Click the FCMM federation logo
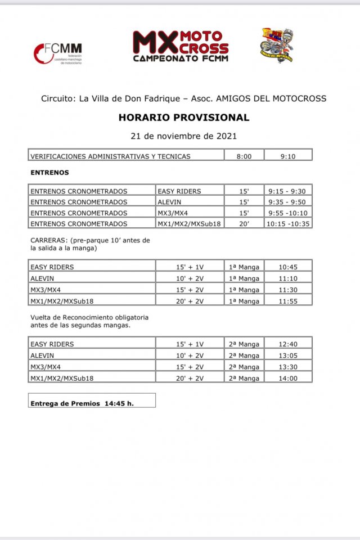[x=58, y=53]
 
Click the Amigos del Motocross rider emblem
[x=277, y=45]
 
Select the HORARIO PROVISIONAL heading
[x=183, y=118]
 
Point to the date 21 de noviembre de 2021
[x=183, y=136]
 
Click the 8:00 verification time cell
[x=244, y=156]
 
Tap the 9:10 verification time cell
[x=287, y=156]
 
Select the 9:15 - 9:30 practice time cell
[x=287, y=191]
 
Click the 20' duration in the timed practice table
[x=244, y=223]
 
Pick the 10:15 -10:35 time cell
[x=287, y=223]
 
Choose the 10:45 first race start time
[x=287, y=267]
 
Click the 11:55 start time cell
[x=287, y=300]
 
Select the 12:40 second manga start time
[x=287, y=344]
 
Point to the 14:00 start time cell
[x=287, y=378]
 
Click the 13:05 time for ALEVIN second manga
[x=287, y=355]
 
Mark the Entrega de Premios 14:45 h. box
[x=92, y=403]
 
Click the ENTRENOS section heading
[x=49, y=173]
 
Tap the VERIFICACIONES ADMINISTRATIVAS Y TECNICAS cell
[x=111, y=156]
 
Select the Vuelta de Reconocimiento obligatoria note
[x=89, y=321]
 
